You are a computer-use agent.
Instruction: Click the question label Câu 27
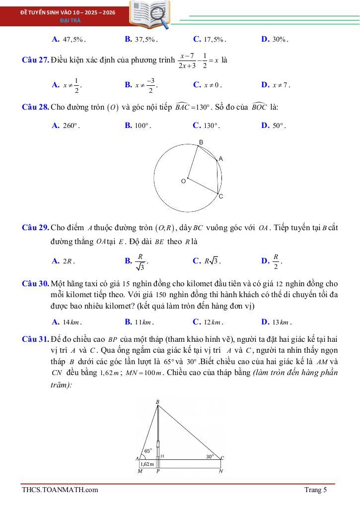[35, 61]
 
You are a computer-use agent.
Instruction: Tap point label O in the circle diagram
[183, 182]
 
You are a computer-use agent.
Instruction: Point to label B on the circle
[201, 142]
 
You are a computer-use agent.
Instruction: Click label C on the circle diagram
[221, 196]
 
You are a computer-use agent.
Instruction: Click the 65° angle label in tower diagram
[148, 451]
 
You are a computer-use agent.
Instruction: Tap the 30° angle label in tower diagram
[210, 456]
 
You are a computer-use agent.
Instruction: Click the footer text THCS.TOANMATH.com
[60, 490]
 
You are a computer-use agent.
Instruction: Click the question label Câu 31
[35, 339]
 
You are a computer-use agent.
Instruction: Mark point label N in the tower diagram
[221, 471]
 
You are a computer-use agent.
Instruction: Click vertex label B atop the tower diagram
[157, 401]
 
